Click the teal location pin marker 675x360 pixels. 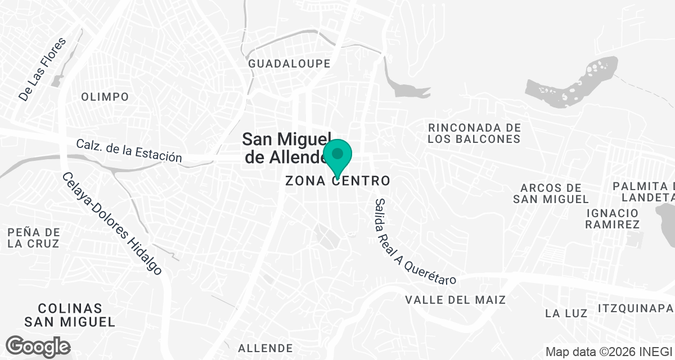[x=337, y=156]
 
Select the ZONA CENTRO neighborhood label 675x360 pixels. [x=337, y=181]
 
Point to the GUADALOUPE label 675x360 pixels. [x=290, y=64]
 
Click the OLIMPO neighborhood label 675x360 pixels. [x=105, y=97]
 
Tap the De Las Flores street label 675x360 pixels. [x=42, y=70]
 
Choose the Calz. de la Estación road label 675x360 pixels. [x=129, y=150]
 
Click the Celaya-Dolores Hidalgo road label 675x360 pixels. [x=112, y=223]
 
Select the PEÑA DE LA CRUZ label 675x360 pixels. [x=34, y=238]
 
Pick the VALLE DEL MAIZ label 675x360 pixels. [x=455, y=300]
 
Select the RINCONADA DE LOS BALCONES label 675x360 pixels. [x=474, y=133]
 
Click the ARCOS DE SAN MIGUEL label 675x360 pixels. [x=551, y=193]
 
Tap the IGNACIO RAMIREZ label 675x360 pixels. [x=612, y=218]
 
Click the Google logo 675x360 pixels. [x=38, y=346]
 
